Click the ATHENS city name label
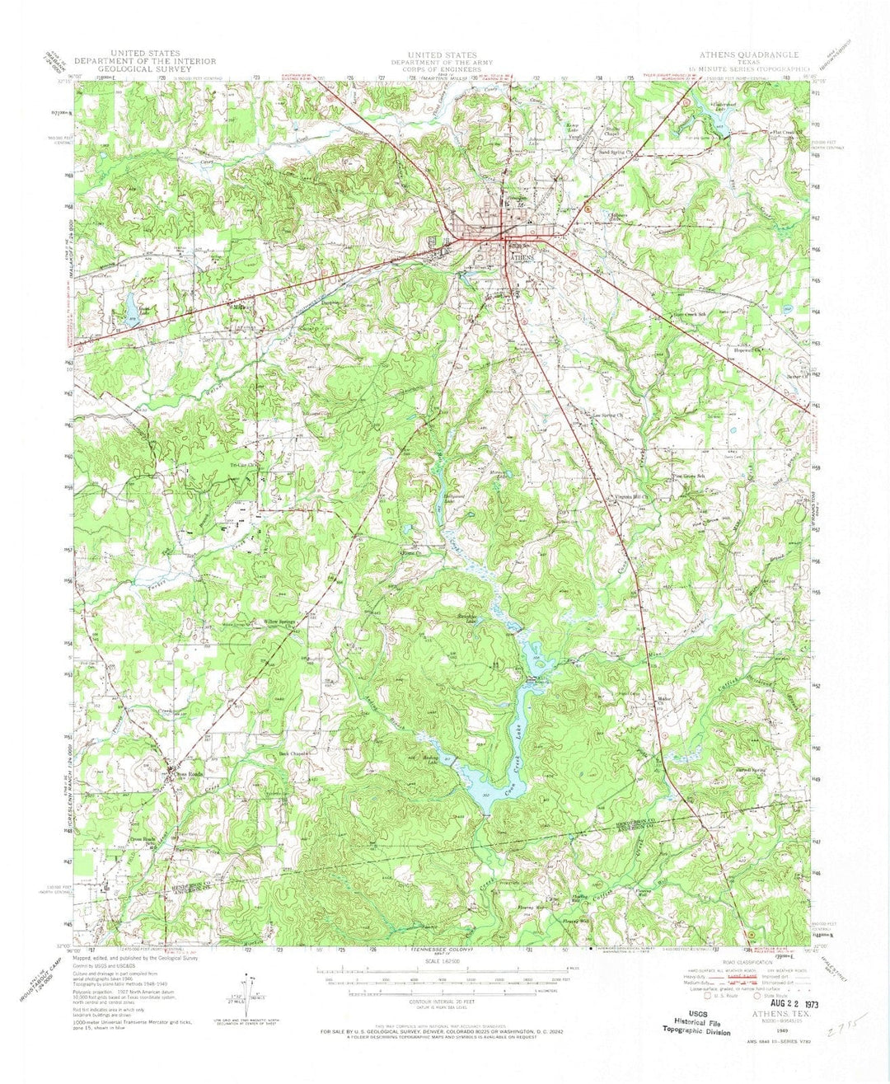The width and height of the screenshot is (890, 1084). point(523,257)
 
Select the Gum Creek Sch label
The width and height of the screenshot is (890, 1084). point(691,314)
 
